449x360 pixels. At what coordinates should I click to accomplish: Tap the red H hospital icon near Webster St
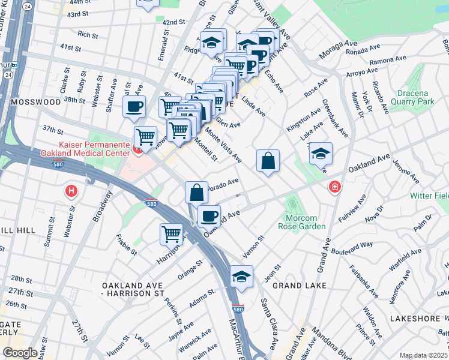pyautogui.click(x=71, y=191)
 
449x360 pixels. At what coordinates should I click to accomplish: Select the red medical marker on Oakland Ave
pyautogui.click(x=334, y=188)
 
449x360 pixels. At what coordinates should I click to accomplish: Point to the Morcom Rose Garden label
pyautogui.click(x=301, y=221)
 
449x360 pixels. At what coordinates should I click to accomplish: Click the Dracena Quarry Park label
pyautogui.click(x=424, y=97)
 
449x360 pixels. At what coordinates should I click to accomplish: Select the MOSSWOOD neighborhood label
pyautogui.click(x=32, y=103)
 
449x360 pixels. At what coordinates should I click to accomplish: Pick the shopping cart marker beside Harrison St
pyautogui.click(x=171, y=234)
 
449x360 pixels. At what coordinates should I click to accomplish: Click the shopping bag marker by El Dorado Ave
pyautogui.click(x=196, y=193)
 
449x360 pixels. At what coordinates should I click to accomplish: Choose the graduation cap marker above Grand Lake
pyautogui.click(x=241, y=277)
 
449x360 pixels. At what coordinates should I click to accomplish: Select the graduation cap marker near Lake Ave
pyautogui.click(x=321, y=154)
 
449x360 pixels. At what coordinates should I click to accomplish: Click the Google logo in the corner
pyautogui.click(x=20, y=352)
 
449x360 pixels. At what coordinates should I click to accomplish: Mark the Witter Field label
pyautogui.click(x=430, y=196)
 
